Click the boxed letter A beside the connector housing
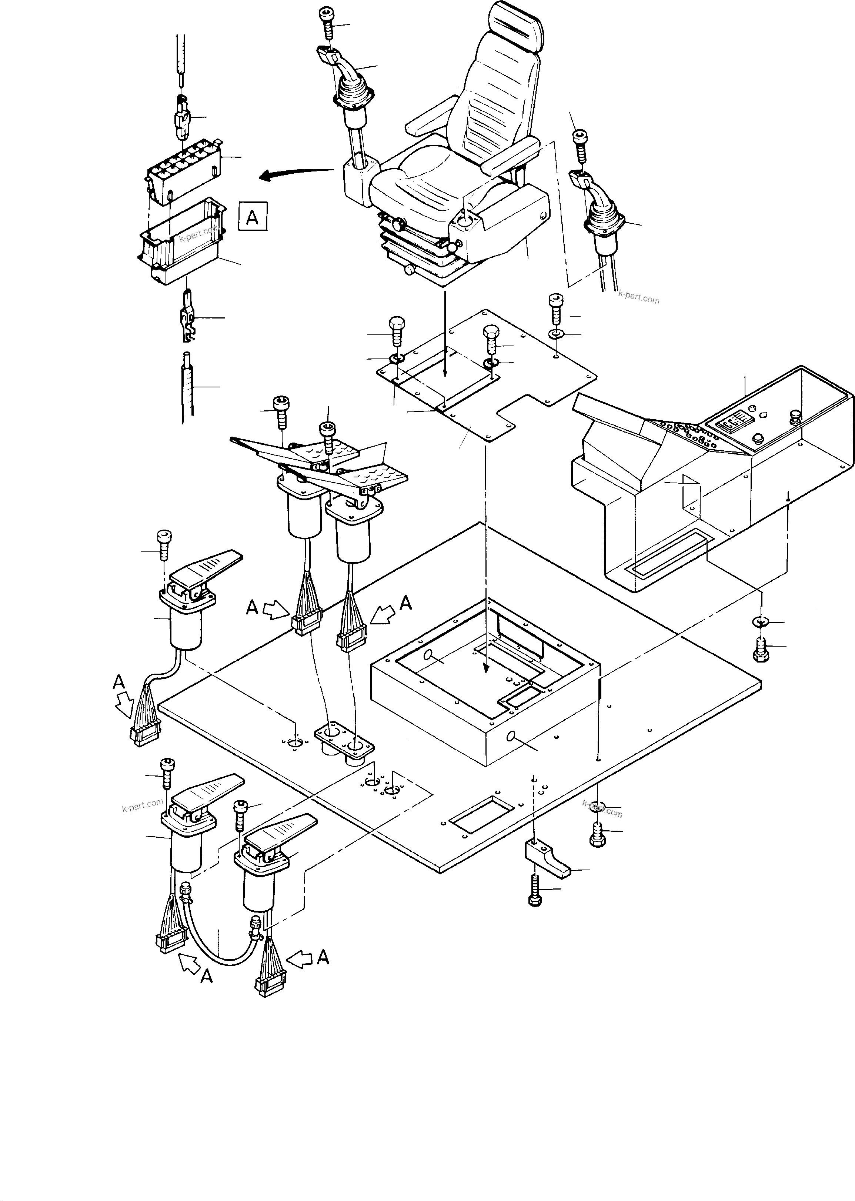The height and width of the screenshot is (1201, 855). (253, 216)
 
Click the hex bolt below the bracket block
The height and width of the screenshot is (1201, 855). (535, 890)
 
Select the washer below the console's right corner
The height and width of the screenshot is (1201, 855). (760, 622)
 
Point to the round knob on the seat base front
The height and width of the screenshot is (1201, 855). (410, 270)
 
